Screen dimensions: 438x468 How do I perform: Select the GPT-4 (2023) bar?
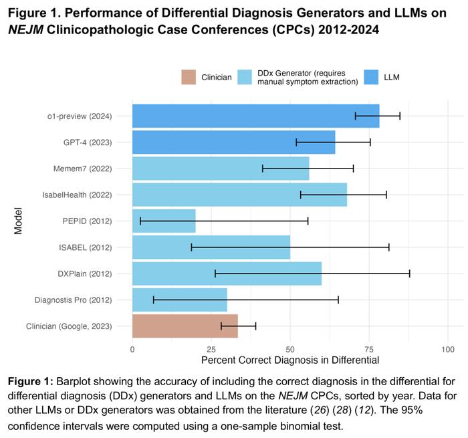pos(233,142)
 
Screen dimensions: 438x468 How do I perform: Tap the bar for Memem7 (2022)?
pos(221,169)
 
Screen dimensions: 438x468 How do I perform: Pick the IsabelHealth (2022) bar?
pos(239,195)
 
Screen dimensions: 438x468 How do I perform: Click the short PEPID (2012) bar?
pos(164,221)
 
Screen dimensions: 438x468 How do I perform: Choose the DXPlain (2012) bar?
pos(227,273)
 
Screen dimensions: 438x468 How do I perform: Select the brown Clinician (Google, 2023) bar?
pos(185,326)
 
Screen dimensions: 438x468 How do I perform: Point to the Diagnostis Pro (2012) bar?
pos(179,300)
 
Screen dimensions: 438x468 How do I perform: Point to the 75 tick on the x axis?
pos(369,349)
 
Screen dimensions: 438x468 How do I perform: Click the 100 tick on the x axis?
pos(448,349)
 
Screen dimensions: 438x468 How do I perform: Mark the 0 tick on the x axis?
pos(132,349)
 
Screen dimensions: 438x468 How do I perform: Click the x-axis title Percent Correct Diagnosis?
pos(289,360)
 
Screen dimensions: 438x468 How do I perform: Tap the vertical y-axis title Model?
pos(19,221)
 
